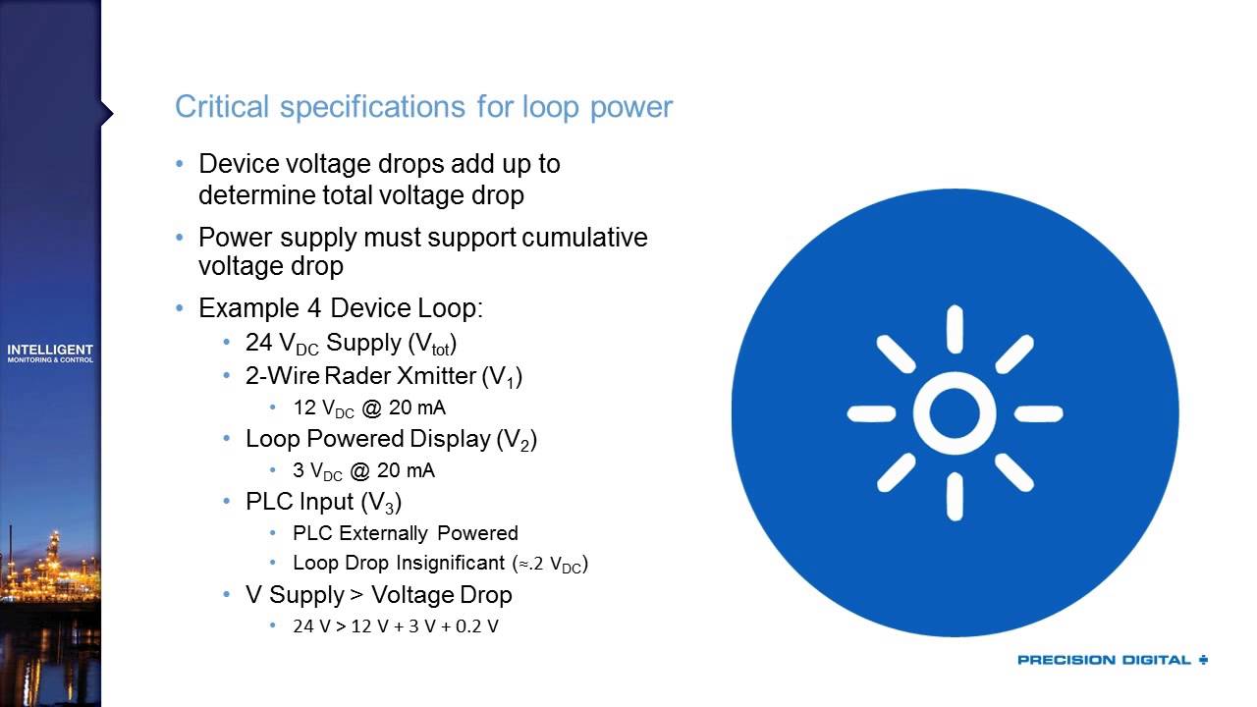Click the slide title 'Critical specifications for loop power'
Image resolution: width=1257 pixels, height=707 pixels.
point(423,107)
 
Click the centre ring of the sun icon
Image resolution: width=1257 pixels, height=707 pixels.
point(955,413)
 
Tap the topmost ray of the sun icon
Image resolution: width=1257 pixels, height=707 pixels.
point(955,330)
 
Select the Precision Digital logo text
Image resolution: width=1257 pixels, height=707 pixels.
point(1104,660)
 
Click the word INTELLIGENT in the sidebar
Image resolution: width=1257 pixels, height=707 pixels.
point(50,350)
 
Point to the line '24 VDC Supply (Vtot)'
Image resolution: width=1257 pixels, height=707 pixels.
point(352,343)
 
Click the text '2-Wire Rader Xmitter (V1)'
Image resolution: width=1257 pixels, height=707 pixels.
point(383,376)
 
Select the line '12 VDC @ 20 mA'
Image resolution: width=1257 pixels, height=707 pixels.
point(369,408)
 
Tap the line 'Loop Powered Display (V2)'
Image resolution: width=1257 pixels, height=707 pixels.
point(391,439)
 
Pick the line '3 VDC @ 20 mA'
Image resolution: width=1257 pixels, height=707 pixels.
point(363,470)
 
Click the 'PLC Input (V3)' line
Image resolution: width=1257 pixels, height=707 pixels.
point(323,502)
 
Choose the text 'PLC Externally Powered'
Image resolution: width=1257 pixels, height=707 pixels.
point(405,533)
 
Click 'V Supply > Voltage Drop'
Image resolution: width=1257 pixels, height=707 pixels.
point(378,595)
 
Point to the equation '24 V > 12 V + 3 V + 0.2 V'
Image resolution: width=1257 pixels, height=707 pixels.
point(395,625)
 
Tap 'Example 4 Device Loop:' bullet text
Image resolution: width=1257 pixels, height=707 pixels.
point(341,308)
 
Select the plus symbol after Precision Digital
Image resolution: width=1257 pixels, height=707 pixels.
point(1203,660)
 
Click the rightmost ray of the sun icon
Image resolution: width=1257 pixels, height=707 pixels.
point(1038,413)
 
